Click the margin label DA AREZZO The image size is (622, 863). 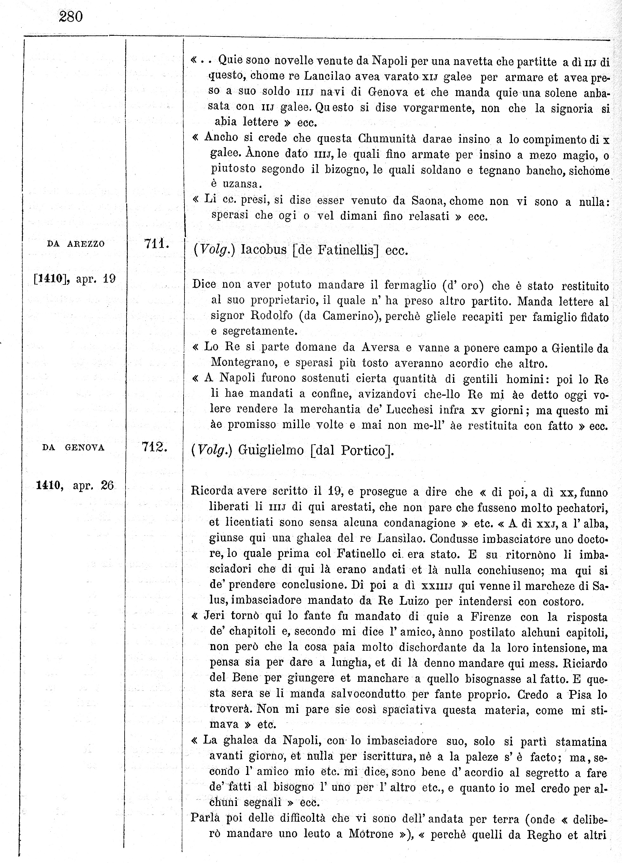pyautogui.click(x=76, y=244)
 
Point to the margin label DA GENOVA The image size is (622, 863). pyautogui.click(x=73, y=448)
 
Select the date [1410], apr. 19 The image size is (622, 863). pyautogui.click(x=74, y=279)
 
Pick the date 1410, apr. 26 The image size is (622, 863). pyautogui.click(x=75, y=486)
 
